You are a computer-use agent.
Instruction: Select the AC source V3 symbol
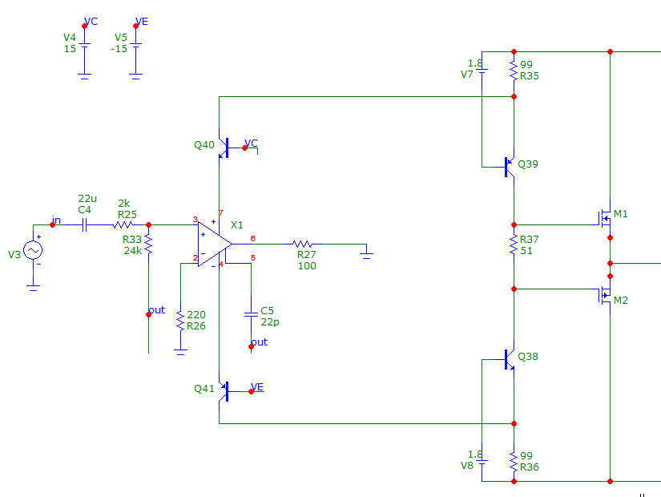click(33, 251)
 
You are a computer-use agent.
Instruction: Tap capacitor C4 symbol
click(85, 225)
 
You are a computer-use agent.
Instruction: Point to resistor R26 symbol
click(181, 321)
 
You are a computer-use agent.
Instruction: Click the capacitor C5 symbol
click(251, 311)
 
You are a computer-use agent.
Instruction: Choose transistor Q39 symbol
click(509, 167)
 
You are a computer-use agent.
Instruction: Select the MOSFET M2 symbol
click(603, 295)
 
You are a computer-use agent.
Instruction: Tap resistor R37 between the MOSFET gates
click(514, 245)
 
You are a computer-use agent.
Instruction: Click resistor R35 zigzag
click(514, 70)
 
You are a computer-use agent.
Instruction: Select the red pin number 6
click(253, 238)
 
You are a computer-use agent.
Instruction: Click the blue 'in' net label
click(56, 220)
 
